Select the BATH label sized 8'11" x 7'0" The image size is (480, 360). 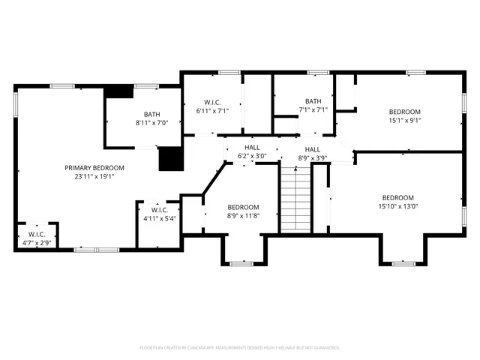pos(152,115)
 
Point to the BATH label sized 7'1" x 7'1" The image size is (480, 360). pos(313,101)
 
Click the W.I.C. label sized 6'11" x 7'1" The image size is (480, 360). pos(212,102)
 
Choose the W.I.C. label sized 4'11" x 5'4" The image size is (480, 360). pos(159,210)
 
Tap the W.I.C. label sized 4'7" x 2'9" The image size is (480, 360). pos(37,234)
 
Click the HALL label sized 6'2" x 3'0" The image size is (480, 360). pos(252,148)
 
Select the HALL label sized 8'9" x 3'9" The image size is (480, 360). pos(313,149)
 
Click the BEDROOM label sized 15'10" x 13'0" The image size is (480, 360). pos(397,198)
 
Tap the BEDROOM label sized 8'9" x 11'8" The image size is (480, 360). pos(243,208)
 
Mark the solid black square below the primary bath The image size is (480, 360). pos(171,159)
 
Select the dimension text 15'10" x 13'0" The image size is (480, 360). pos(397,207)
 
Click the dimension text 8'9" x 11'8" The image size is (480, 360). pos(243,217)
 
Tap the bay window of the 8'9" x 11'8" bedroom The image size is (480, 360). pos(241,263)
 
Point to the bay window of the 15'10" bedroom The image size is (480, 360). pos(403,263)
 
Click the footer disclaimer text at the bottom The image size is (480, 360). pos(240,348)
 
